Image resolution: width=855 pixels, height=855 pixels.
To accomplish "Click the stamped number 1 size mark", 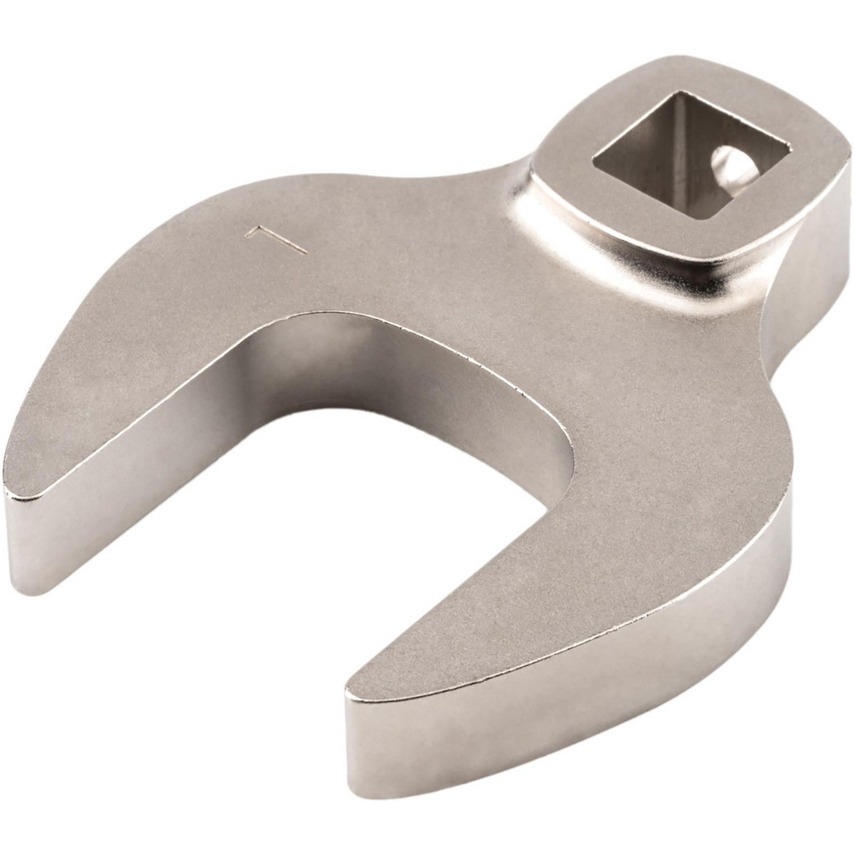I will click(275, 239).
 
